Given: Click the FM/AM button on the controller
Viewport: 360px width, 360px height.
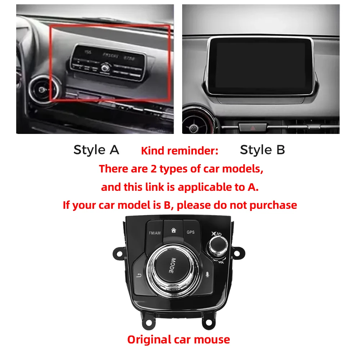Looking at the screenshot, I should click(x=155, y=233).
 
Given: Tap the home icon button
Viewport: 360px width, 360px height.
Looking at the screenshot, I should click(x=174, y=230).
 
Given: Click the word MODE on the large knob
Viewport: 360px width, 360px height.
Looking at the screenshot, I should click(x=172, y=265).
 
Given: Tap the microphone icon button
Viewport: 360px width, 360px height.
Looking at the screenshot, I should click(x=207, y=275).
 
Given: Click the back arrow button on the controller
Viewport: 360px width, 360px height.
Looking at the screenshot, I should click(x=139, y=276).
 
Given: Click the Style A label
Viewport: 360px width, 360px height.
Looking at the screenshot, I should click(x=96, y=150).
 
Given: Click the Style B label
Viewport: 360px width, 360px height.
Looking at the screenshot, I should click(x=262, y=150).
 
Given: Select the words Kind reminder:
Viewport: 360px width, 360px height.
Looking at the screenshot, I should click(x=180, y=151).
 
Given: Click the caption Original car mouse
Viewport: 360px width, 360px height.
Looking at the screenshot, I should click(x=179, y=339).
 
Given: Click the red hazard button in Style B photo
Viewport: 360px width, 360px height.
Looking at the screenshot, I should click(x=252, y=127).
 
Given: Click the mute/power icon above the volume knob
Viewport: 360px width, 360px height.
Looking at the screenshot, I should click(x=217, y=234).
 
